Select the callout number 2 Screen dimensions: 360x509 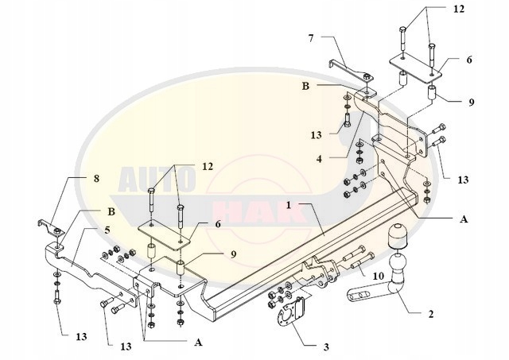[x=431, y=315]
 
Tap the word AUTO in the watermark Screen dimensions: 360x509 [x=142, y=180]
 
